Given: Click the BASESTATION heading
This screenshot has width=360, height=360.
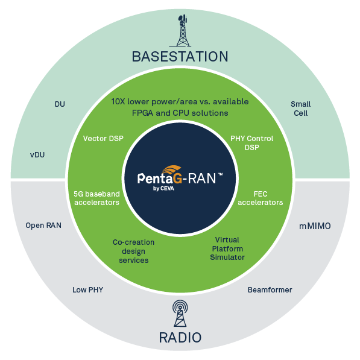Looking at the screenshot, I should click(180, 57).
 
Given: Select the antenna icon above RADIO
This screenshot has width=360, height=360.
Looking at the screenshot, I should click(180, 313).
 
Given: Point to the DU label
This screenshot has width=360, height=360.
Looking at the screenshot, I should click(60, 104).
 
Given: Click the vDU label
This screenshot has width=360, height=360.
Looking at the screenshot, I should click(37, 154).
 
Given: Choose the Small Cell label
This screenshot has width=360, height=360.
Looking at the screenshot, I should click(301, 109).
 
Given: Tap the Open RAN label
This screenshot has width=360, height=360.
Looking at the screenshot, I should click(43, 226).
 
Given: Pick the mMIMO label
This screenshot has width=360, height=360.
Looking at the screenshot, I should click(315, 227).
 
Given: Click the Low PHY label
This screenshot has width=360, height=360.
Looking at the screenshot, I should click(87, 289).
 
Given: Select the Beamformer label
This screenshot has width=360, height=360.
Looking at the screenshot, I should click(270, 290).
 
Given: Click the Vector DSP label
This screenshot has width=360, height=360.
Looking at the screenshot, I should click(103, 139).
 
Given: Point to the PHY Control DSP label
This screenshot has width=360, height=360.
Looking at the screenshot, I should click(251, 143).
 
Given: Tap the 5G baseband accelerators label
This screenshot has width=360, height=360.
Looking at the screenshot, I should click(96, 198).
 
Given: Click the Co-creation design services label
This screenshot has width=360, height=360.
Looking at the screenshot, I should click(133, 251).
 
